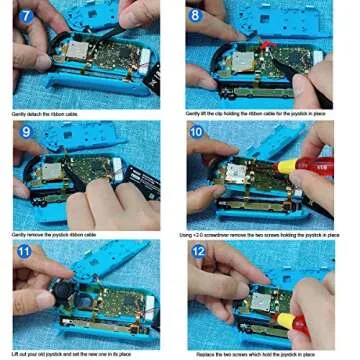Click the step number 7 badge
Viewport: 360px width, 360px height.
pos(24,16)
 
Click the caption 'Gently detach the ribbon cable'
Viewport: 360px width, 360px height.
pos(45,116)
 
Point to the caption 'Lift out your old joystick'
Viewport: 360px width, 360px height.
pos(75,354)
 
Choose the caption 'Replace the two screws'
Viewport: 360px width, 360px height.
pos(265,354)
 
